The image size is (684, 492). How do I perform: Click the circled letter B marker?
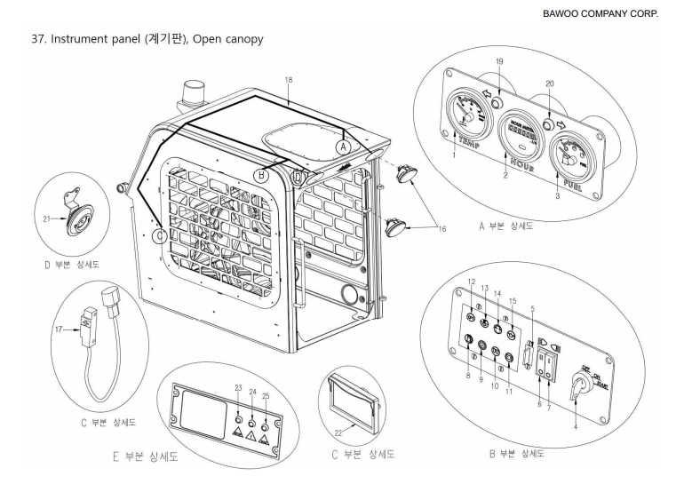(262, 174)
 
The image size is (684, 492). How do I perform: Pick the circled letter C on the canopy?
(158, 236)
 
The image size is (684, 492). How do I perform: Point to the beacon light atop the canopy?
(189, 93)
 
